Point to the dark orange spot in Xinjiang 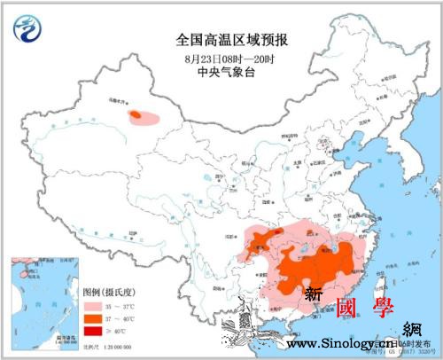(x=136, y=114)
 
